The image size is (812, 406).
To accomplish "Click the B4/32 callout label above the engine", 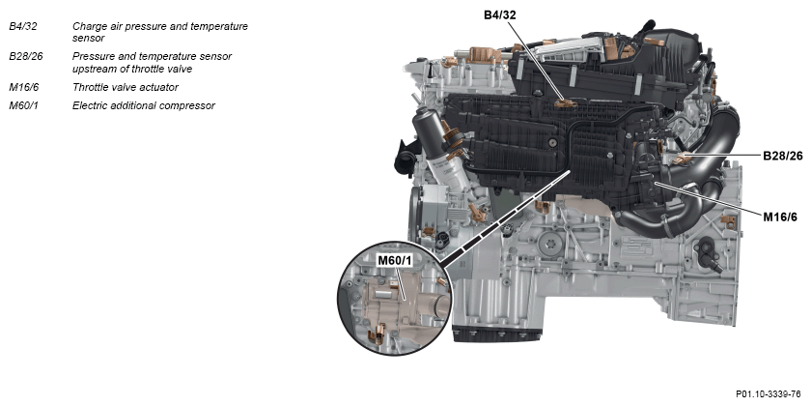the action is (500, 14).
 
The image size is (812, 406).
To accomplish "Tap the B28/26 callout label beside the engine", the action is (782, 156).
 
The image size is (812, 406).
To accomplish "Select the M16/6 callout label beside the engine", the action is (780, 217).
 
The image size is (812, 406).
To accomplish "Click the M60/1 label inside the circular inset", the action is (395, 260).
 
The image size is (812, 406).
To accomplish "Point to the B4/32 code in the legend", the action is (23, 26).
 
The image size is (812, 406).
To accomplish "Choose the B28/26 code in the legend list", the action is (26, 56).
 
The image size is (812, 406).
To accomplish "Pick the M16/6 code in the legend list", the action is (24, 87).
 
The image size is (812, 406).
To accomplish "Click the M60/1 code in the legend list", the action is (24, 105).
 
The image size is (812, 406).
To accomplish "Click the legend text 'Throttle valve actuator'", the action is (126, 87).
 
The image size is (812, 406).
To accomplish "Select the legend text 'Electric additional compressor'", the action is (144, 105).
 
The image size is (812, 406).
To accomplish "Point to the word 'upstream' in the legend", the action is (93, 69).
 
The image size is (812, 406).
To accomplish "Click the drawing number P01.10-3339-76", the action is (768, 394).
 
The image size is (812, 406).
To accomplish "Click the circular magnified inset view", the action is (395, 299).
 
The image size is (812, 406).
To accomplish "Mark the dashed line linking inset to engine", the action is (505, 217).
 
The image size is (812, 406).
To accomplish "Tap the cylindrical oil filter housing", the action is (431, 134).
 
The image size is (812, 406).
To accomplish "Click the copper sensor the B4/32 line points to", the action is (566, 103).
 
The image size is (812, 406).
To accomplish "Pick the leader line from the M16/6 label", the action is (709, 198).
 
